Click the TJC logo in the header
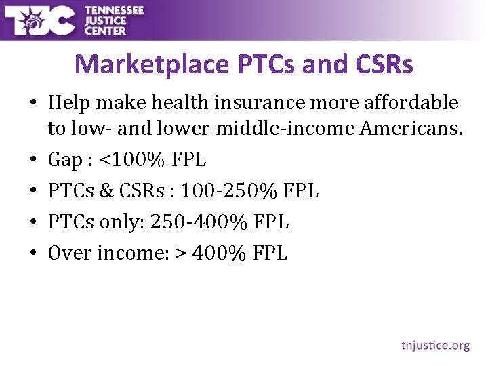pyautogui.click(x=41, y=20)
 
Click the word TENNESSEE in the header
pyautogui.click(x=114, y=10)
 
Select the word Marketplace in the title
pyautogui.click(x=152, y=64)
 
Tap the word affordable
pyautogui.click(x=411, y=103)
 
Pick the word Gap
pyautogui.click(x=64, y=161)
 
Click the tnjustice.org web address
pyautogui.click(x=435, y=346)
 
